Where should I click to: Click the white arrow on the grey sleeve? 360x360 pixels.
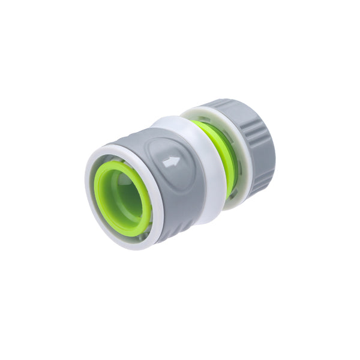click(x=172, y=161)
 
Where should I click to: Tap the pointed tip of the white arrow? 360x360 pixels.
click(x=178, y=160)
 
